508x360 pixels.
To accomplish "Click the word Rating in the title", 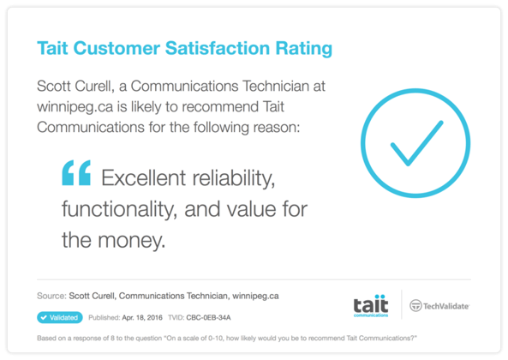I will [x=302, y=48].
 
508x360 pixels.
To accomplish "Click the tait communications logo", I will [x=370, y=305].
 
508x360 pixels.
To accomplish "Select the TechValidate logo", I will [x=439, y=305].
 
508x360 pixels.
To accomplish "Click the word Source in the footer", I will [x=52, y=297].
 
